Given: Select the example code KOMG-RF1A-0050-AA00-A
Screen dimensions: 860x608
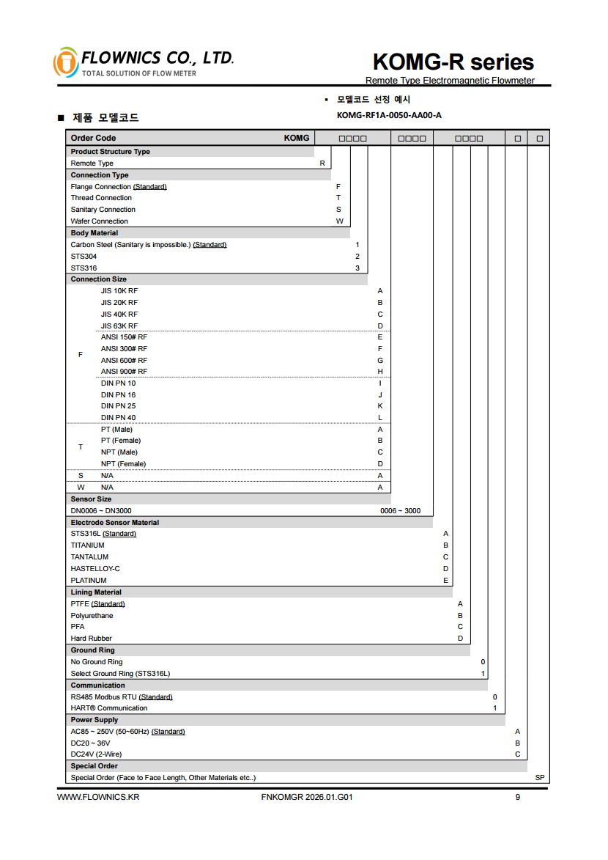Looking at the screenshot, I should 389,115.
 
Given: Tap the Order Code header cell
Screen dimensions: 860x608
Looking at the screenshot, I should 93,138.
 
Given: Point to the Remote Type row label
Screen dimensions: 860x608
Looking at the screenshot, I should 92,163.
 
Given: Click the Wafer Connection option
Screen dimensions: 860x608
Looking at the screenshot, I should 99,221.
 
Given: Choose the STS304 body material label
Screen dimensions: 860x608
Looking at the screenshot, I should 84,257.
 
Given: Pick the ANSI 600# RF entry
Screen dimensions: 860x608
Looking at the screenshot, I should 124,361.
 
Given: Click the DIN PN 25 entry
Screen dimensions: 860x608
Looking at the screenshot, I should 118,406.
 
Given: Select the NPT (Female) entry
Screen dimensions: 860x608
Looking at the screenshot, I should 123,464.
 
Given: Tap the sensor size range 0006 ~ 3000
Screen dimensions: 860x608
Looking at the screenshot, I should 400,511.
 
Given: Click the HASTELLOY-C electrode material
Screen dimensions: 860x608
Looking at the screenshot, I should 95,569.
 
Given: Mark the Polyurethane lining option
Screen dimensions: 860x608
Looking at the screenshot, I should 92,616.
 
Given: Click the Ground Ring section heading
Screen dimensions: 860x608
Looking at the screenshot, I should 92,650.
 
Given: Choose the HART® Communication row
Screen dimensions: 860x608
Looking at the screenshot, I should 108,708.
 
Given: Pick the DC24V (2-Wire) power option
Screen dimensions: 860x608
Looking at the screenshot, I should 96,754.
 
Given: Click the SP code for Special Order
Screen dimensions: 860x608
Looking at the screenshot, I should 540,778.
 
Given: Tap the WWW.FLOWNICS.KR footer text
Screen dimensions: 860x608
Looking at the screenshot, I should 98,798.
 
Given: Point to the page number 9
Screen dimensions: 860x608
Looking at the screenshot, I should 517,798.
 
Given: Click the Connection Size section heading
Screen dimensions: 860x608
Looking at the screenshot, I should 98,279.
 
